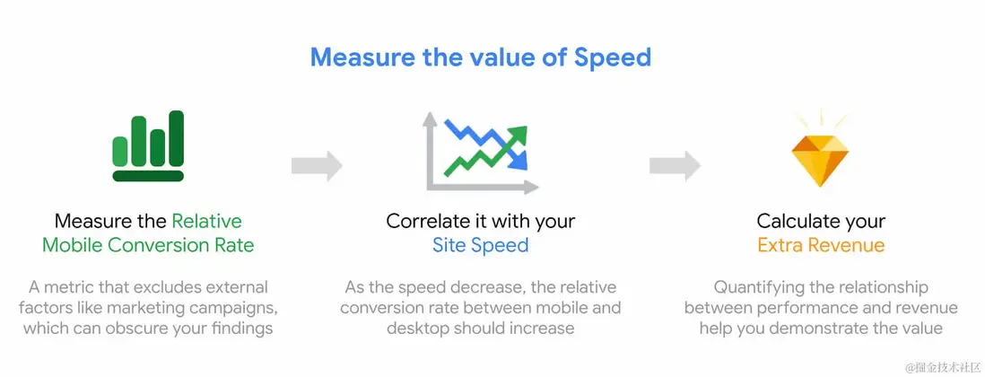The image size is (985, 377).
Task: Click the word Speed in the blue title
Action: point(613,57)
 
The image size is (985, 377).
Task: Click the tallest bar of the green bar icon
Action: point(177,138)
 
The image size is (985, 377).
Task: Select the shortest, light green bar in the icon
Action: point(120,151)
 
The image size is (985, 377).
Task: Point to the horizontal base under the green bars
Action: point(148,176)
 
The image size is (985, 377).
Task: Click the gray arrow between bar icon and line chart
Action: point(317,166)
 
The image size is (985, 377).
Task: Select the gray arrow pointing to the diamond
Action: point(675,166)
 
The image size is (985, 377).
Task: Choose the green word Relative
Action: point(206,221)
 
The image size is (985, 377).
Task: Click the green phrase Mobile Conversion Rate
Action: point(148,245)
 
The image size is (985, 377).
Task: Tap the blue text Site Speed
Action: point(481,245)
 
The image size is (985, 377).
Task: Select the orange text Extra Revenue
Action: point(821,245)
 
